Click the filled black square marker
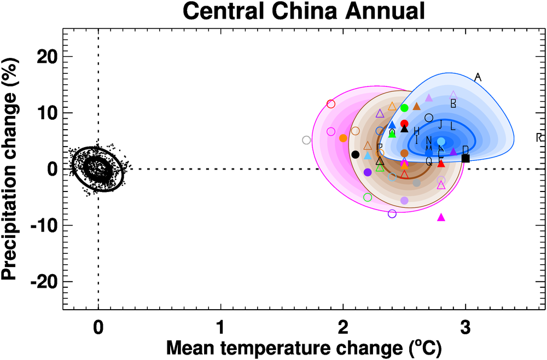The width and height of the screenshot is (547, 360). tap(465, 158)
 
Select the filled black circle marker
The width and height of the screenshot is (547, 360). tap(356, 154)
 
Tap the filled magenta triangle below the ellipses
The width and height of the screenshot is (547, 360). tap(441, 217)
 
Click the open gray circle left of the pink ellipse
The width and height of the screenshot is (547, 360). tap(306, 140)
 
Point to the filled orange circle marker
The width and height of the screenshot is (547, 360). tap(343, 138)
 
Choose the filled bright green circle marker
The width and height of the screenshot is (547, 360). tap(404, 108)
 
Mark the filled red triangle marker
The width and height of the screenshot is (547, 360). tap(441, 164)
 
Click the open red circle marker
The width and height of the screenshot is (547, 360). tap(331, 104)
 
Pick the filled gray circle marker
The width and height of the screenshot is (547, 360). tap(417, 183)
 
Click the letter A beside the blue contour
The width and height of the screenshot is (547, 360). tap(478, 77)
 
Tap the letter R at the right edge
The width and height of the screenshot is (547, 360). tap(539, 137)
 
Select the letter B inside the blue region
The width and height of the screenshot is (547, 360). tap(453, 103)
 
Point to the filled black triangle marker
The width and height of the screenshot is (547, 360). tap(404, 129)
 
